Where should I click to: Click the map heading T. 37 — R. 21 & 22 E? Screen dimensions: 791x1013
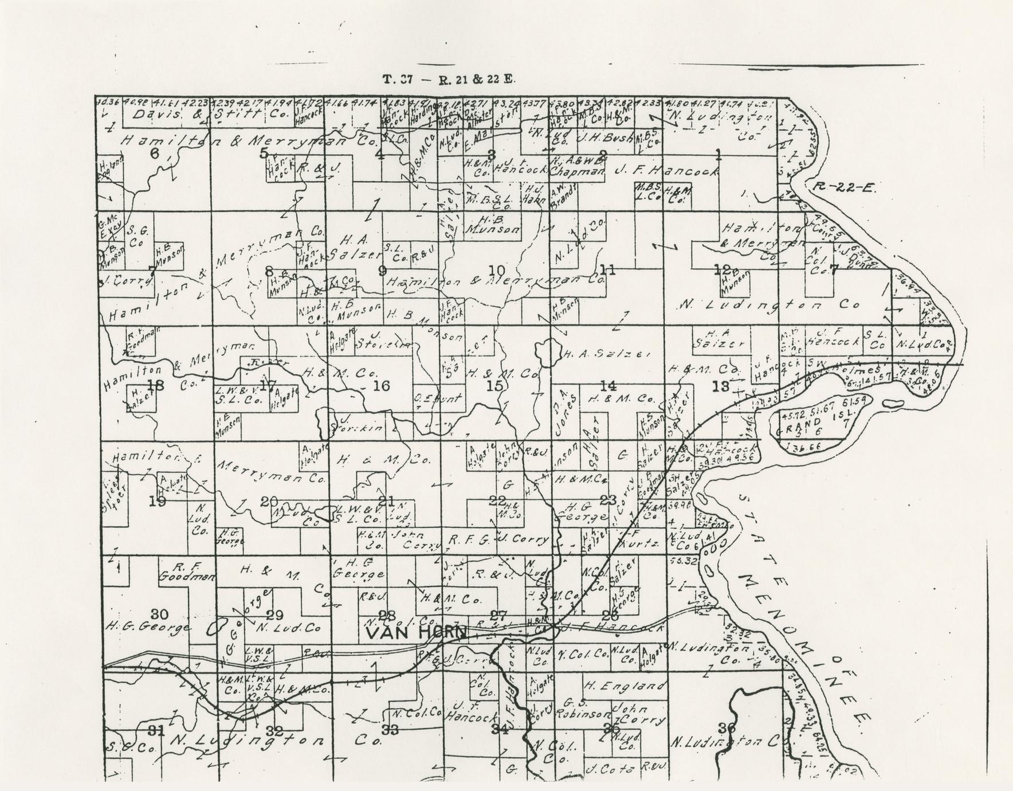coord(449,80)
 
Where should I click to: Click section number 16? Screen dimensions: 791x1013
coord(381,386)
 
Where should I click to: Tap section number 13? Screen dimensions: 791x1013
coord(720,386)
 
